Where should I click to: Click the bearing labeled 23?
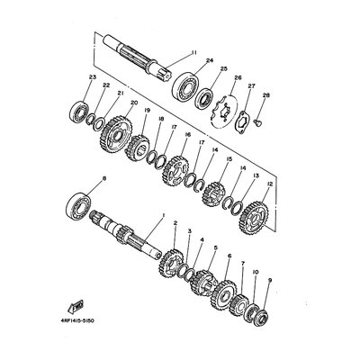tap(76, 114)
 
